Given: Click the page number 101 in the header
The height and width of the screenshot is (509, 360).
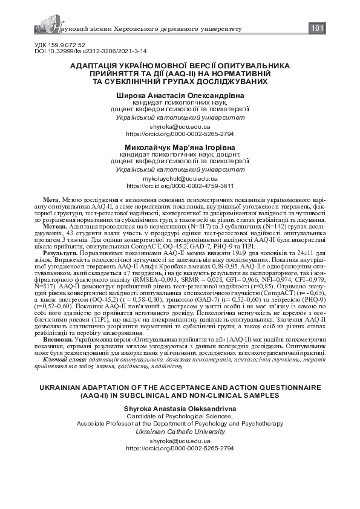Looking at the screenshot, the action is pos(318,29).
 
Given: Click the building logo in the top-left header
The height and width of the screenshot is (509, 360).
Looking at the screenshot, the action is pos(41,27).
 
